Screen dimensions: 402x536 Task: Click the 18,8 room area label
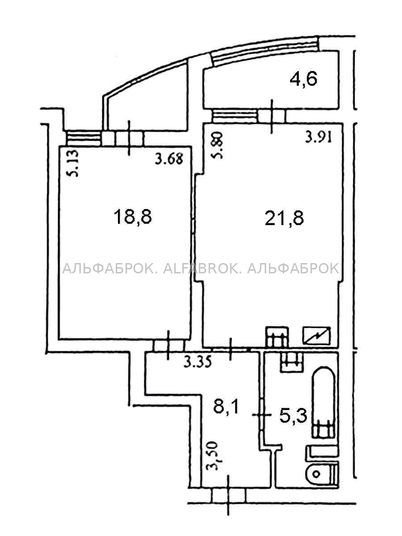point(133,218)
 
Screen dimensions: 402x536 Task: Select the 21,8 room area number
point(284,218)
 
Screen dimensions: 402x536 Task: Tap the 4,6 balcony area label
point(303,79)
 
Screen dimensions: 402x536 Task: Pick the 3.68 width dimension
point(169,159)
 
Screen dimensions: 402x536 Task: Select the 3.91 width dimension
point(318,138)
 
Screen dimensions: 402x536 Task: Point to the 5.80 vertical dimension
point(217,146)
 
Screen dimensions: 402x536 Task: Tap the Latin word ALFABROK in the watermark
point(199,268)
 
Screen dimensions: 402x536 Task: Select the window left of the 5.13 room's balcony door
point(84,138)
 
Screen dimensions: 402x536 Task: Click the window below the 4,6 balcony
point(234,116)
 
